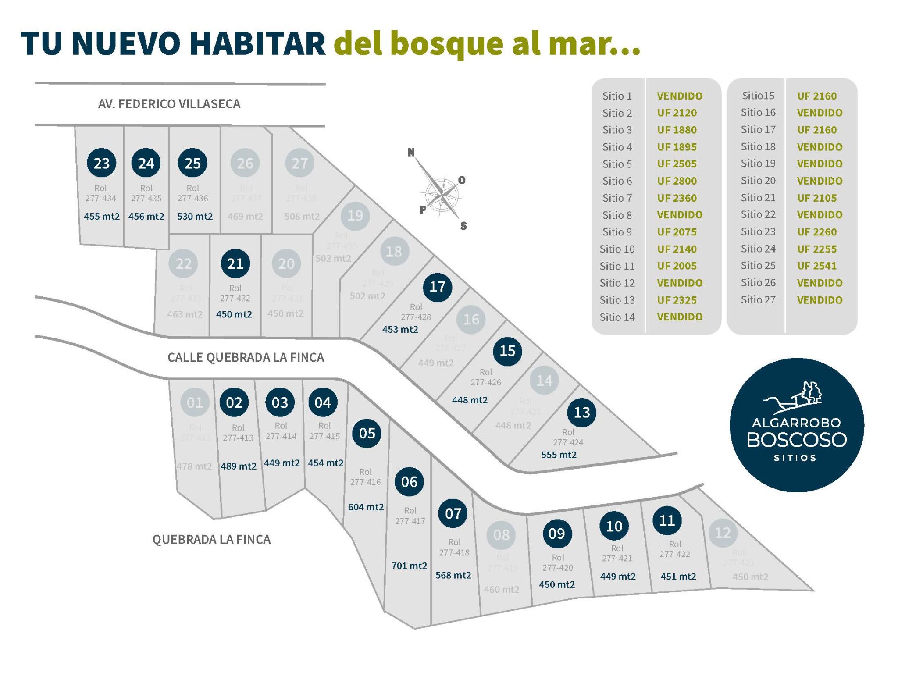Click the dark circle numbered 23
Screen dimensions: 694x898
[x=101, y=163]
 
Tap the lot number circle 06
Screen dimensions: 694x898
[x=409, y=482]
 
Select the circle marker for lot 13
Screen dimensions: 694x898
[x=581, y=412]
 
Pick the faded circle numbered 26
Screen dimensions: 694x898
[x=245, y=163]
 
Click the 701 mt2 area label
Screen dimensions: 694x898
[x=409, y=566]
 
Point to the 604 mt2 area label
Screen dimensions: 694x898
[x=366, y=507]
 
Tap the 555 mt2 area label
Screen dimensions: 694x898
[x=559, y=455]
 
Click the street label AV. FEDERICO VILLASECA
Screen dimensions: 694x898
[x=169, y=104]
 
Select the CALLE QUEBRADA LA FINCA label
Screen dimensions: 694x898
[x=246, y=358]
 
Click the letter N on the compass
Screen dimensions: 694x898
[x=411, y=153]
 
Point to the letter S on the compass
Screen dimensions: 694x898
[x=463, y=226]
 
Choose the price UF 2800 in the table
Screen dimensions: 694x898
[x=677, y=181]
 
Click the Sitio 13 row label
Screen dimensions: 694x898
[x=617, y=300]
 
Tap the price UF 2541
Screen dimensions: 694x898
[x=816, y=266]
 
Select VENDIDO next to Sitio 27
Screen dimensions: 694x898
[x=820, y=300]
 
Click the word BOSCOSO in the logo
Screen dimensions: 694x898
[x=797, y=440]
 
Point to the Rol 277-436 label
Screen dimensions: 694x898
[x=192, y=193]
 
